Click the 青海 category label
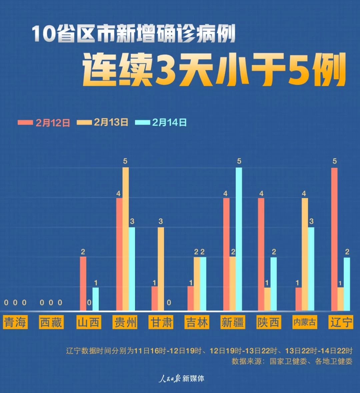pyautogui.click(x=15, y=322)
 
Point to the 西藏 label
pyautogui.click(x=51, y=322)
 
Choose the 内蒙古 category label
pyautogui.click(x=304, y=322)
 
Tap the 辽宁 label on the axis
pyautogui.click(x=340, y=322)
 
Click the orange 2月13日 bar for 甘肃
pyautogui.click(x=161, y=269)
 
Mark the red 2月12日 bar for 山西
pyautogui.click(x=83, y=283)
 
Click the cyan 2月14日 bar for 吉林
pyautogui.click(x=203, y=283)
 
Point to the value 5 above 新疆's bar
pyautogui.click(x=239, y=161)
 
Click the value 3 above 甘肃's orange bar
pyautogui.click(x=161, y=221)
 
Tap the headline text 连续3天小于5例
pyautogui.click(x=214, y=71)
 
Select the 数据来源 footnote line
pyautogui.click(x=292, y=361)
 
